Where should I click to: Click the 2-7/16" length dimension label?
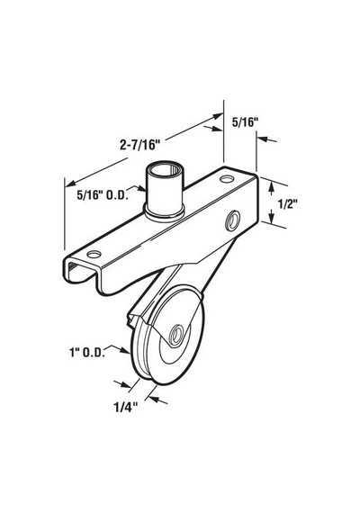(x=139, y=144)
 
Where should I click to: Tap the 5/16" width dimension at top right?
(x=246, y=122)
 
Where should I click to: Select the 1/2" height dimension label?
(x=287, y=204)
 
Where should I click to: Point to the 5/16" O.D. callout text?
(x=103, y=195)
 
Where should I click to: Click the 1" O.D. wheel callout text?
(x=86, y=353)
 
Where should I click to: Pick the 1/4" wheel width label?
(x=125, y=408)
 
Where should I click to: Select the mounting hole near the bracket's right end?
(x=227, y=179)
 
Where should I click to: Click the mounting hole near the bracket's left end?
(x=94, y=254)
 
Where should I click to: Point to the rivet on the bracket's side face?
(x=233, y=221)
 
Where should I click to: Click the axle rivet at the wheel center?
(x=176, y=335)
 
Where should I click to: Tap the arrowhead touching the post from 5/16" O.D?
(x=142, y=188)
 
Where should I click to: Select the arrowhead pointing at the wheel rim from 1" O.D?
(x=126, y=350)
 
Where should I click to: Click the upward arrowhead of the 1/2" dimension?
(x=271, y=187)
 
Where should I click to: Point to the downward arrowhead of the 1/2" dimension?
(x=271, y=217)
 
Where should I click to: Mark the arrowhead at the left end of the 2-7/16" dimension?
(x=70, y=184)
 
